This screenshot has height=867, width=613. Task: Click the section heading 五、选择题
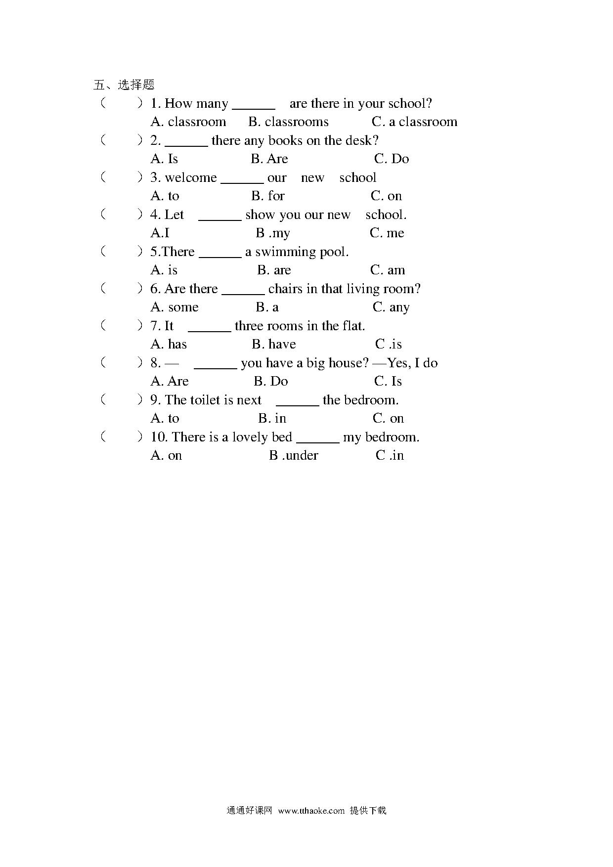pyautogui.click(x=124, y=85)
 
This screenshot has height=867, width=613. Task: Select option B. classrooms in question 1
pyautogui.click(x=288, y=122)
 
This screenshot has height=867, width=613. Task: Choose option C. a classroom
pyautogui.click(x=414, y=122)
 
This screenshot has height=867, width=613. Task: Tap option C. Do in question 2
pyautogui.click(x=392, y=159)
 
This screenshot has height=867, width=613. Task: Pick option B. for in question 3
pyautogui.click(x=268, y=196)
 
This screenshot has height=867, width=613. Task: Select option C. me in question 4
pyautogui.click(x=387, y=233)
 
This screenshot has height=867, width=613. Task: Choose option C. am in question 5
pyautogui.click(x=388, y=270)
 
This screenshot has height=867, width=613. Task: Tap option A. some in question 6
pyautogui.click(x=175, y=307)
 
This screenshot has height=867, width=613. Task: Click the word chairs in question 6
pyautogui.click(x=286, y=289)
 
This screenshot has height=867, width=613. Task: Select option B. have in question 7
pyautogui.click(x=274, y=344)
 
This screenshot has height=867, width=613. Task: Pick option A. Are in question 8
pyautogui.click(x=170, y=381)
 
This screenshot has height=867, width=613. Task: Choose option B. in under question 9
pyautogui.click(x=272, y=418)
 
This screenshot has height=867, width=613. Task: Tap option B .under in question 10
pyautogui.click(x=294, y=455)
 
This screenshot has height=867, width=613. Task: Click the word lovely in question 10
pyautogui.click(x=250, y=437)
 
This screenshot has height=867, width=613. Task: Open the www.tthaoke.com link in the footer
pyautogui.click(x=311, y=810)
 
